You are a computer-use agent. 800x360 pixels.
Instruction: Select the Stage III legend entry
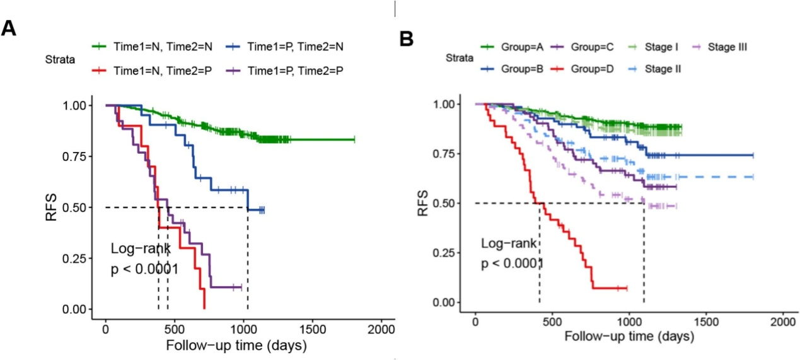tap(725, 47)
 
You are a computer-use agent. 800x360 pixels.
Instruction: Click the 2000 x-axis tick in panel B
tap(782, 320)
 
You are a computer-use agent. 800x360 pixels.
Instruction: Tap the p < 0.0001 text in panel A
tap(144, 270)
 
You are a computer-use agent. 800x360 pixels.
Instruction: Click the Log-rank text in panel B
tap(509, 243)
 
